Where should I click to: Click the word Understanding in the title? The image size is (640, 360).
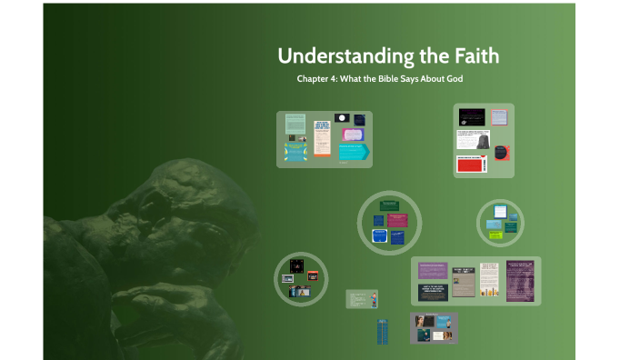[x=345, y=56]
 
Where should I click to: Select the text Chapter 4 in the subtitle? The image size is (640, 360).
[x=315, y=79]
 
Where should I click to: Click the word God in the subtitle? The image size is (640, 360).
[x=454, y=79]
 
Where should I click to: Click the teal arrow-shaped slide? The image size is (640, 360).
[x=354, y=151]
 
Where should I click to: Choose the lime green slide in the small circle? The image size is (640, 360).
[x=495, y=235]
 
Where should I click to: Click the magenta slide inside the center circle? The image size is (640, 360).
[x=397, y=220]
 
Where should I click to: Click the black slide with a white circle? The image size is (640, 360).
[x=342, y=118]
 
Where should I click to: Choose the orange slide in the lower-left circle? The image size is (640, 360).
[x=312, y=275]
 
